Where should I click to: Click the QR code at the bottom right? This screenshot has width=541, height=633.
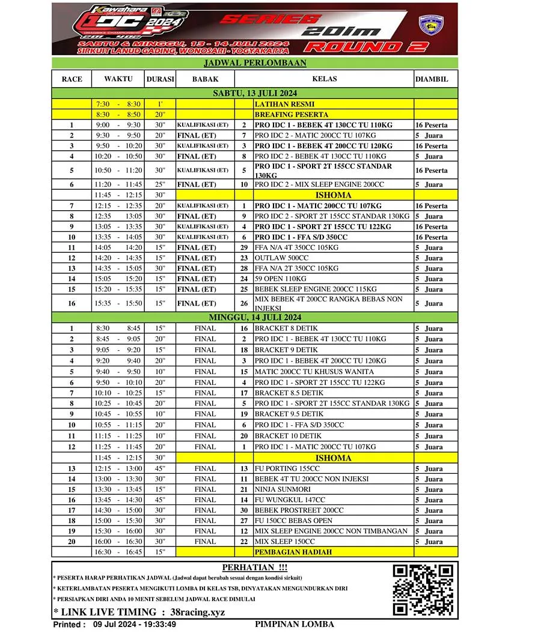(x=423, y=590)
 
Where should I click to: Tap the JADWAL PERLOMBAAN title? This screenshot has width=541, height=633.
(x=255, y=63)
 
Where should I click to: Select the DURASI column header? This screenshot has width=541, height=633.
(x=160, y=79)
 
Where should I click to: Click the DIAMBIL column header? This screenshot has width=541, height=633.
(x=431, y=79)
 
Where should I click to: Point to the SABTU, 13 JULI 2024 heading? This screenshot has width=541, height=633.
(x=255, y=93)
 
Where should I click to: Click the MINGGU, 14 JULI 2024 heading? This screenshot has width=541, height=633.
(x=255, y=317)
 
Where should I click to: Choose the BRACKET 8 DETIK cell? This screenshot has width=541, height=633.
(x=286, y=329)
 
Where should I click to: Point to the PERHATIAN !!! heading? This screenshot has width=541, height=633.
(x=255, y=567)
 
